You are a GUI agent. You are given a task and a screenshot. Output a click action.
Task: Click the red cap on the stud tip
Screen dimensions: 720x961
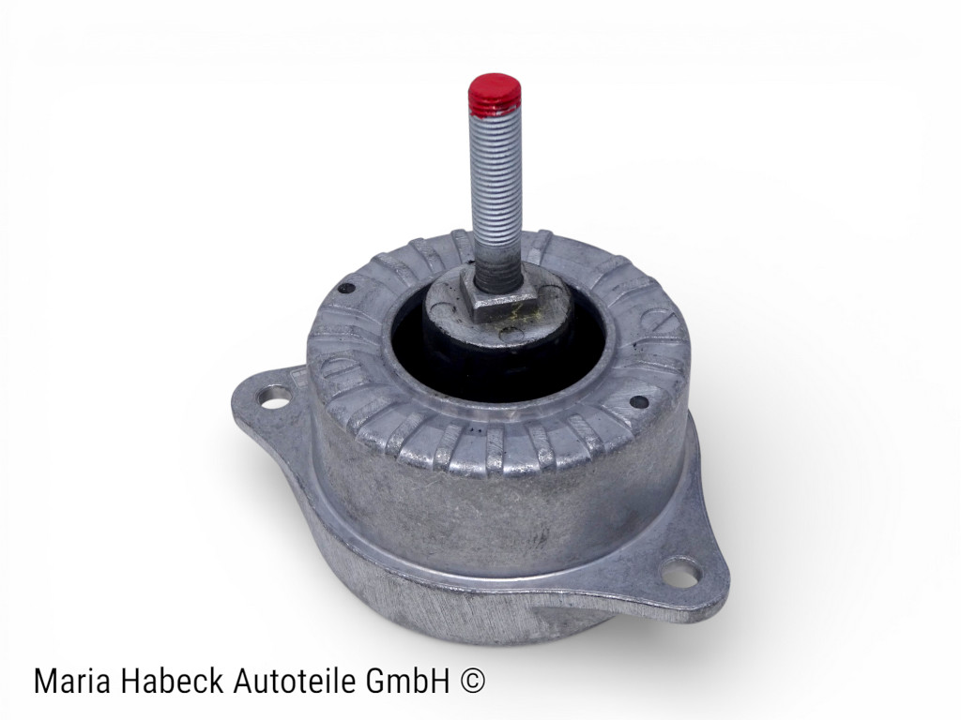coord(495,94)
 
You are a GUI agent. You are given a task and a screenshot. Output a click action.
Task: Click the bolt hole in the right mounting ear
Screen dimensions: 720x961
coord(680,572)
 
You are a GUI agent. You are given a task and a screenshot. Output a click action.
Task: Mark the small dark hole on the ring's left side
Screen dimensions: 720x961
coord(347,289)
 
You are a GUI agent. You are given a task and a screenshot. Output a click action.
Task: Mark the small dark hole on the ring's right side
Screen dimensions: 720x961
coord(639,401)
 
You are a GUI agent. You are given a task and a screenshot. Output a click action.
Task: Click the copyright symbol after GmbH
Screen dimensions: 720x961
coord(475,682)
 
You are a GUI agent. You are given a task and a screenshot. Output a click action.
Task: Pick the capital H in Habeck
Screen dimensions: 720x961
coord(124,682)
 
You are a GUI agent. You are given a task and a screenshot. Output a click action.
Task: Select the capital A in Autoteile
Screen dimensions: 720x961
coord(237,682)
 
